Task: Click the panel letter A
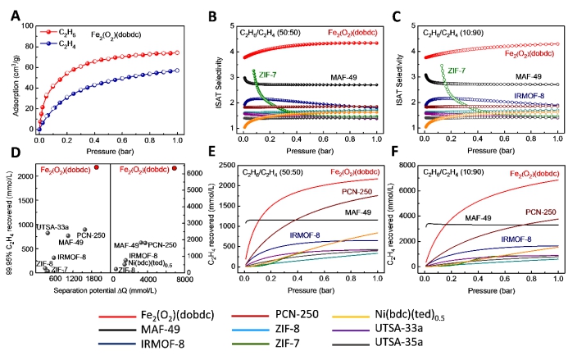tap(8, 10)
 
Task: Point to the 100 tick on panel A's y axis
tap(24, 25)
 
